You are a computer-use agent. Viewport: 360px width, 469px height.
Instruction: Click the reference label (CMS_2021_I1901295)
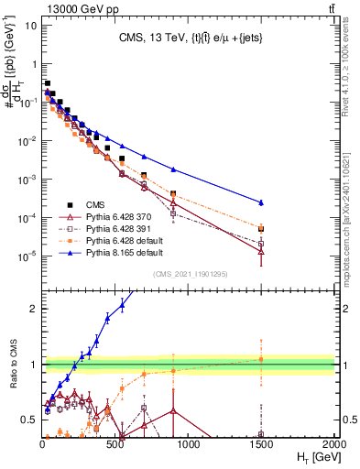(189, 273)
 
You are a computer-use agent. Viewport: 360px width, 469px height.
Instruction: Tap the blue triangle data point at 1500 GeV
(262, 202)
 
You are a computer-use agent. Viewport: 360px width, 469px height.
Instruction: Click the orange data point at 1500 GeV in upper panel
(262, 228)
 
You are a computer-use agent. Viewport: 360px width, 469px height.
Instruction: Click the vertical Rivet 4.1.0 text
(352, 64)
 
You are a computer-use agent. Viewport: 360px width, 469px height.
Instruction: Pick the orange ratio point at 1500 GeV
(262, 359)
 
